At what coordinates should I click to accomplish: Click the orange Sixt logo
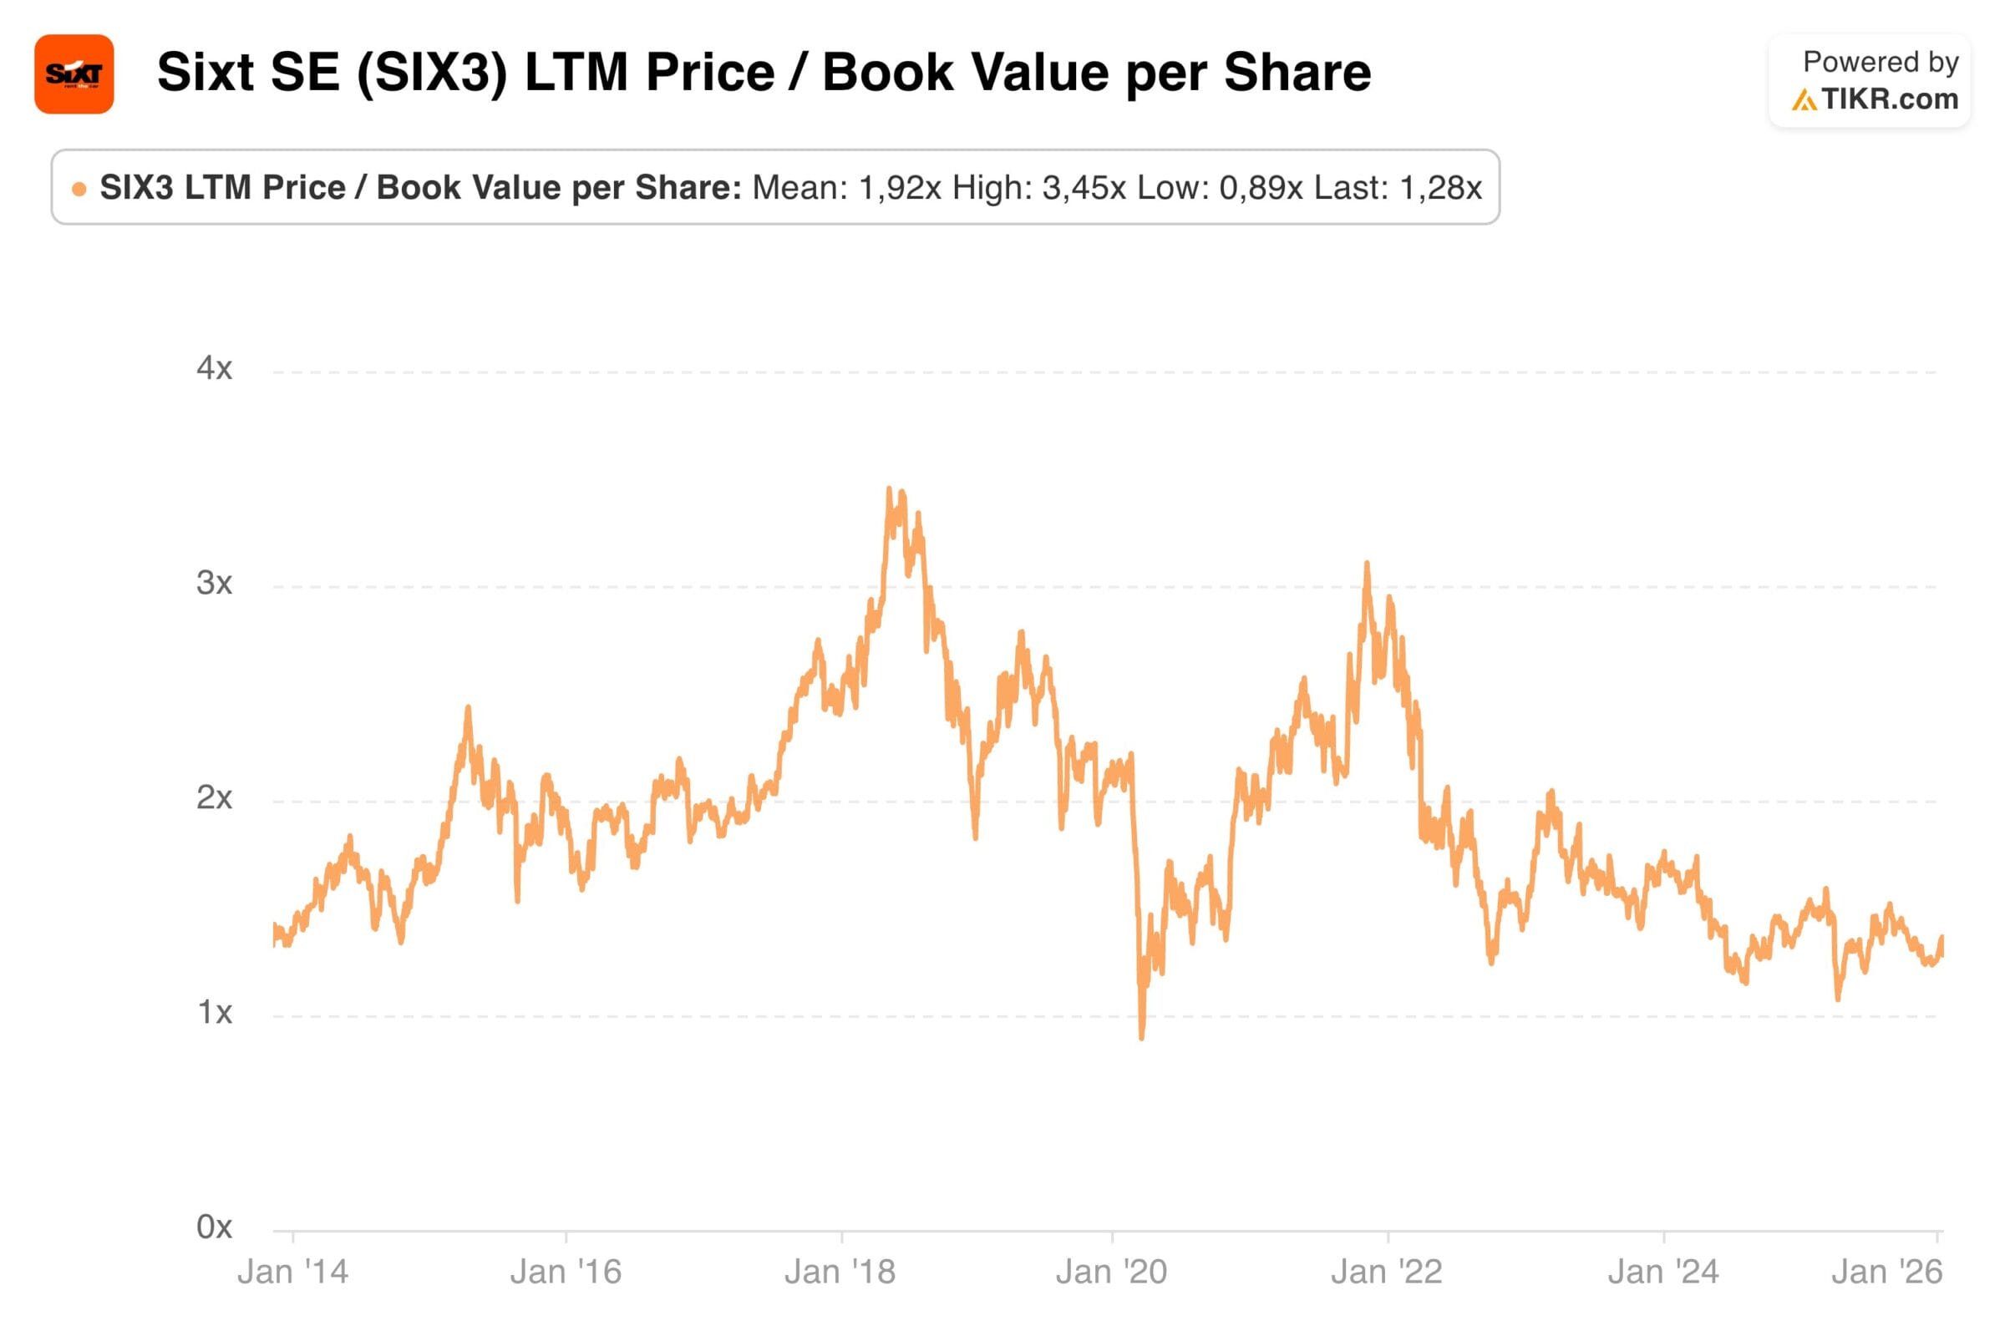click(x=74, y=74)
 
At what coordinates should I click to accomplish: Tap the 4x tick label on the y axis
click(x=214, y=368)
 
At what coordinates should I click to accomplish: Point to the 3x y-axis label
click(x=214, y=583)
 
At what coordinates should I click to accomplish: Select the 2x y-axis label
click(x=214, y=797)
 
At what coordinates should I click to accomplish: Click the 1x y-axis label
click(x=214, y=1012)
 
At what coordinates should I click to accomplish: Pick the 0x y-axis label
click(x=214, y=1227)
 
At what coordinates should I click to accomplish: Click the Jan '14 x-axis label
click(x=292, y=1272)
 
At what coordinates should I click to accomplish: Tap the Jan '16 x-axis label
click(x=566, y=1272)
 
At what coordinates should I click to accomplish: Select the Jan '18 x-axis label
click(x=840, y=1272)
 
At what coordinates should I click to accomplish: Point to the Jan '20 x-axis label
click(x=1112, y=1272)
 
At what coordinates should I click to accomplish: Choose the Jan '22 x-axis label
click(x=1387, y=1272)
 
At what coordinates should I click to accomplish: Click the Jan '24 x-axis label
click(x=1663, y=1272)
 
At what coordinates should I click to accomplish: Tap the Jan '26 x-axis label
click(x=1886, y=1272)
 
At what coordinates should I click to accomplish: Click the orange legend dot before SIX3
click(x=79, y=190)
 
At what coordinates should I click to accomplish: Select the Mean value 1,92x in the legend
click(x=900, y=187)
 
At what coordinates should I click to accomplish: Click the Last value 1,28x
click(x=1440, y=187)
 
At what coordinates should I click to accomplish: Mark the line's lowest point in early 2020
click(x=1141, y=1038)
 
